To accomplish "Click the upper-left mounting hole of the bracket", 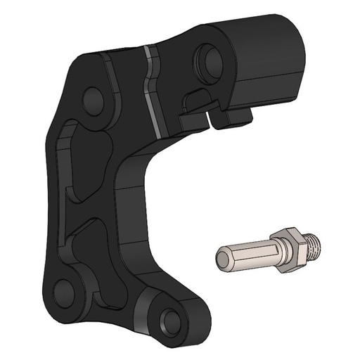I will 92,99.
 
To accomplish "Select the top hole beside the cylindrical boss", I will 209,56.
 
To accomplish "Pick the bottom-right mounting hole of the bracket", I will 169,322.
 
